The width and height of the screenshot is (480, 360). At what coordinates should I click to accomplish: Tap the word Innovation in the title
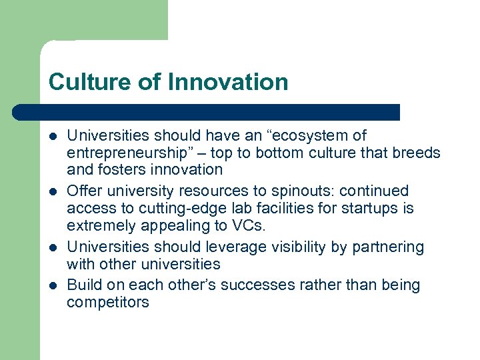pyautogui.click(x=228, y=82)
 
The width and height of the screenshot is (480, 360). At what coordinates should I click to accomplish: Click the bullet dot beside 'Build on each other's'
pyautogui.click(x=53, y=285)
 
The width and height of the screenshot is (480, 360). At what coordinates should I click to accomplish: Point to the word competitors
pyautogui.click(x=107, y=302)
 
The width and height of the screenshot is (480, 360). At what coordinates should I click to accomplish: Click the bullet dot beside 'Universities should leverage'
pyautogui.click(x=53, y=247)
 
